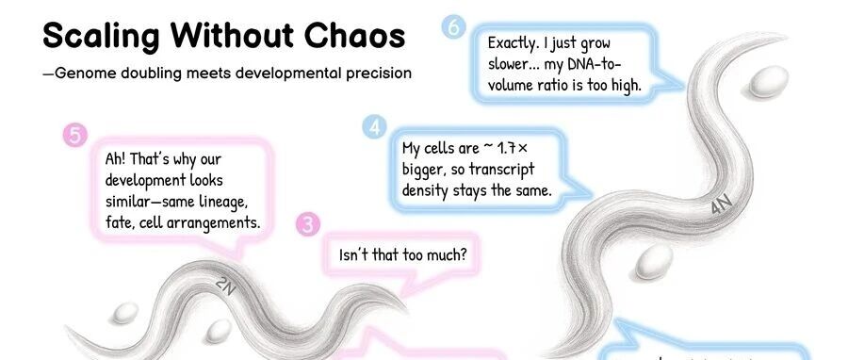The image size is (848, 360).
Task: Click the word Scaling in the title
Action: pyautogui.click(x=101, y=36)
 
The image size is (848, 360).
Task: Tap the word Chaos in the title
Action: pyautogui.click(x=354, y=35)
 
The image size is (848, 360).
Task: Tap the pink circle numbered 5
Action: pyautogui.click(x=75, y=135)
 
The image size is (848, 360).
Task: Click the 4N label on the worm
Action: pyautogui.click(x=722, y=204)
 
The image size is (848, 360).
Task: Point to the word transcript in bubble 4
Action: pyautogui.click(x=501, y=170)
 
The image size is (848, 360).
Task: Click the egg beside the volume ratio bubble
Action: pyautogui.click(x=768, y=82)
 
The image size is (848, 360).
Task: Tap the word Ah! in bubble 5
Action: pyautogui.click(x=116, y=159)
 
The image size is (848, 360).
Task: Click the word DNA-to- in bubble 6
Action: pyautogui.click(x=595, y=64)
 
